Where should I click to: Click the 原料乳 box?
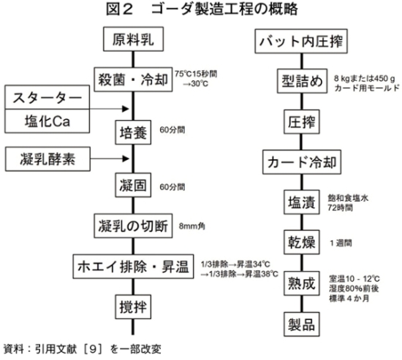pyautogui.click(x=133, y=39)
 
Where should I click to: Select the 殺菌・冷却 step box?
pyautogui.click(x=133, y=80)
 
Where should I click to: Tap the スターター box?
pyautogui.click(x=48, y=97)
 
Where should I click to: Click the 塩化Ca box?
pyautogui.click(x=48, y=121)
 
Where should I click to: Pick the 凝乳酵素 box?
pyautogui.click(x=48, y=159)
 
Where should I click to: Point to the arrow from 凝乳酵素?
pyautogui.click(x=110, y=159)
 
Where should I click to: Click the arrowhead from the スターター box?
pyautogui.click(x=126, y=109)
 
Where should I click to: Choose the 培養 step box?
pyautogui.click(x=133, y=132)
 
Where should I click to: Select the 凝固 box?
pyautogui.click(x=133, y=185)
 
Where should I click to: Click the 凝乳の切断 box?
pyautogui.click(x=133, y=226)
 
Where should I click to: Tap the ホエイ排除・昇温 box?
pyautogui.click(x=133, y=267)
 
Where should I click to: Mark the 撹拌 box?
pyautogui.click(x=133, y=307)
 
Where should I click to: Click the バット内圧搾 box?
pyautogui.click(x=301, y=41)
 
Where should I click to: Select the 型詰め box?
pyautogui.click(x=302, y=81)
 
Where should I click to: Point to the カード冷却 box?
pyautogui.click(x=302, y=162)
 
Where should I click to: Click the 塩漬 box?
pyautogui.click(x=301, y=202)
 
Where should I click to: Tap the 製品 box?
pyautogui.click(x=301, y=324)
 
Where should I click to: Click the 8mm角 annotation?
pyautogui.click(x=191, y=226)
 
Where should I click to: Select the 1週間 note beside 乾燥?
pyautogui.click(x=341, y=243)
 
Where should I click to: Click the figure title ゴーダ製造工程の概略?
pyautogui.click(x=224, y=9)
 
